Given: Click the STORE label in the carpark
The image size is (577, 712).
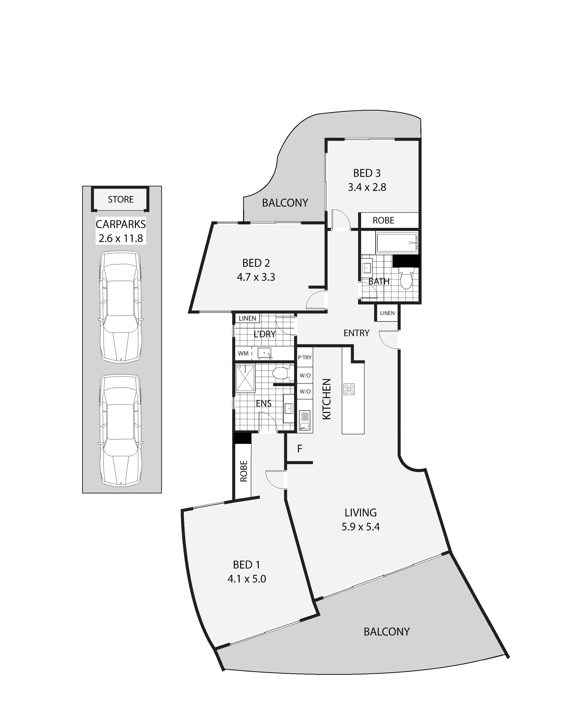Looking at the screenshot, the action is (x=121, y=199).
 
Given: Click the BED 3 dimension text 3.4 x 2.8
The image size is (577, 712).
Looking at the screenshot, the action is (x=367, y=187).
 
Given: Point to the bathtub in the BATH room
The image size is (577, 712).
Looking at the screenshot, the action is (x=397, y=243).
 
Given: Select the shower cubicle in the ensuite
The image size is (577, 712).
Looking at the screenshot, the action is (x=245, y=378).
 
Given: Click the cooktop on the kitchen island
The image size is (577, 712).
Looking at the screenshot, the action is (x=349, y=389).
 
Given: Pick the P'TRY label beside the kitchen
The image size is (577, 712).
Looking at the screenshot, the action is (x=305, y=358).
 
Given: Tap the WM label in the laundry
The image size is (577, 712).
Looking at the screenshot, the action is (x=243, y=354).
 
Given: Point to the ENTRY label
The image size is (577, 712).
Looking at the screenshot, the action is (x=356, y=333).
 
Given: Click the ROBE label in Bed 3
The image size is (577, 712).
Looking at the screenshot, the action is (x=383, y=220).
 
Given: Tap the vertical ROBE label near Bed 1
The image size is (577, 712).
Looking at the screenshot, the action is (x=244, y=471).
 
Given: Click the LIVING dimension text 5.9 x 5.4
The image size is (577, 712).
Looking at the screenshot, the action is (x=361, y=527).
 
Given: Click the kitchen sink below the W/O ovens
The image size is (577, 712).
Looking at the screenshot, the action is (x=305, y=420).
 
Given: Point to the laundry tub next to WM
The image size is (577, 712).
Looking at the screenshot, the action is (x=265, y=354).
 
